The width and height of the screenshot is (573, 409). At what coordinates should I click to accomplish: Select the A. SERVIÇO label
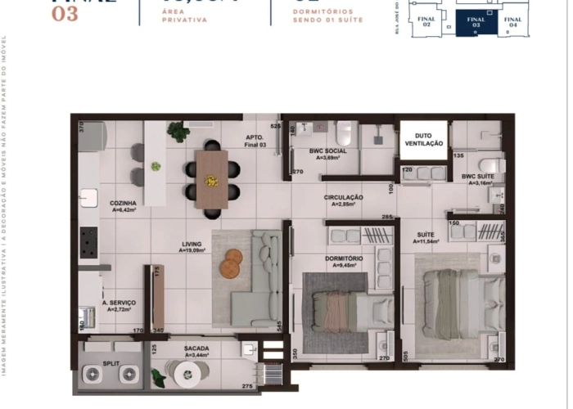point(119,303)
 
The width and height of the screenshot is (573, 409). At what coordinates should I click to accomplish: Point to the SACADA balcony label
point(196,348)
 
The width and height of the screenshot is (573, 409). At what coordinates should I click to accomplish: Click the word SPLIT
point(112,361)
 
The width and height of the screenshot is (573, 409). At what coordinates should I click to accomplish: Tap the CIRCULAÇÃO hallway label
point(344,197)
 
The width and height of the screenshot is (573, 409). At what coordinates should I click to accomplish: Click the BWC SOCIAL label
point(327,151)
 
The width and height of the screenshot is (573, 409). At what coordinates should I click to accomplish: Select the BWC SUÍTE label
point(479,177)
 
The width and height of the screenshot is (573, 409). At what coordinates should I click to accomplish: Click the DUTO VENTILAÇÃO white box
point(424,139)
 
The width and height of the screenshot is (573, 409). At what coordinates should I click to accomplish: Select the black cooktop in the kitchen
point(88,241)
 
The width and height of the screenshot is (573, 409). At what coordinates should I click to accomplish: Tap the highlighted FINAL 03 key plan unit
point(475,24)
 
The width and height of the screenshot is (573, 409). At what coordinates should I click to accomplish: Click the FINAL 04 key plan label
point(513,22)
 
